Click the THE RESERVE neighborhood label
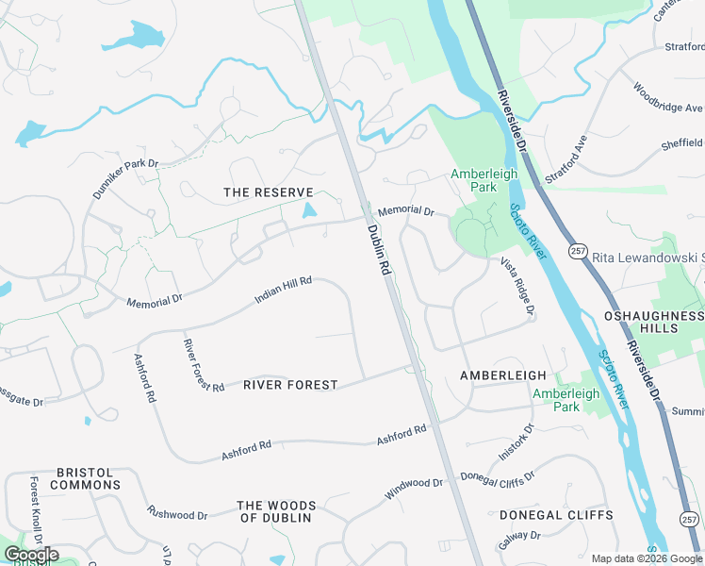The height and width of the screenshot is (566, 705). (x=268, y=192)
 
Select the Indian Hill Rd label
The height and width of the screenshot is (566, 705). (x=283, y=291)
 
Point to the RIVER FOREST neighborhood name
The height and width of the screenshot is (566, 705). (x=290, y=385)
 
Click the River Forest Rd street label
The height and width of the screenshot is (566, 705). (x=203, y=366)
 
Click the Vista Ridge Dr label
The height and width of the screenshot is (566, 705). (x=517, y=286)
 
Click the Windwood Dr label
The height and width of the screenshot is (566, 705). (x=413, y=489)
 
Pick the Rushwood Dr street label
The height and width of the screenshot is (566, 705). (x=177, y=513)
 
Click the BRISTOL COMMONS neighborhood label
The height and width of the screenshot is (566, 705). (x=85, y=478)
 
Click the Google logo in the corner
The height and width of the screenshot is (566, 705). (x=30, y=555)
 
